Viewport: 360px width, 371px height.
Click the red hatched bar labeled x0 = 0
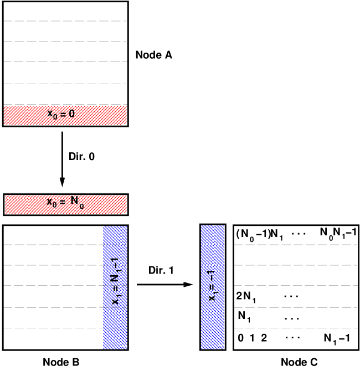point(65,115)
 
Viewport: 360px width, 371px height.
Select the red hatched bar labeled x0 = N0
point(65,204)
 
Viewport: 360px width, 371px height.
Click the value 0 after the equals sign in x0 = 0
point(71,114)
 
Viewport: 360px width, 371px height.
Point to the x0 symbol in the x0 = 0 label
point(52,115)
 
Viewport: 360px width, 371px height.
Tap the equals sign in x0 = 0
point(63,114)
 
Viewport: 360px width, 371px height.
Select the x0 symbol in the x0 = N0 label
point(52,203)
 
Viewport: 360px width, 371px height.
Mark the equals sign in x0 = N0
point(62,202)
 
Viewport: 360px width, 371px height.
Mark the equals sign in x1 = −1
point(212,286)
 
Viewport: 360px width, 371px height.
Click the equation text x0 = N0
point(65,203)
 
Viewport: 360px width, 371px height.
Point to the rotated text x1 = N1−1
point(115,281)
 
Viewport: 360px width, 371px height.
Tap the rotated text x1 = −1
point(212,285)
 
